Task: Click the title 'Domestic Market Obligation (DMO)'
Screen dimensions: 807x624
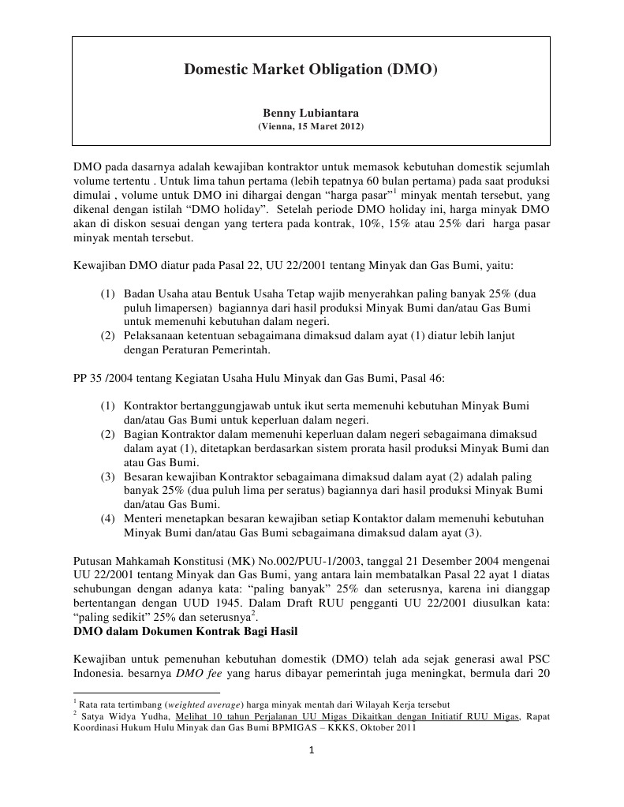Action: click(310, 70)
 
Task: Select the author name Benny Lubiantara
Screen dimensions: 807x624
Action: click(310, 114)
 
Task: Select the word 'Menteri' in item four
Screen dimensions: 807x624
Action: click(143, 518)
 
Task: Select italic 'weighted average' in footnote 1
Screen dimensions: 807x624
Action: click(204, 703)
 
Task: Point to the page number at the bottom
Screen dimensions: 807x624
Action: click(312, 750)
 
